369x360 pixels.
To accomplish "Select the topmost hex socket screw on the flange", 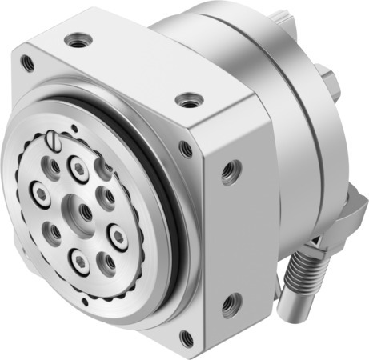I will point(78,167).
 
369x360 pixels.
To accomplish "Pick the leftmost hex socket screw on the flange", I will point(38,193).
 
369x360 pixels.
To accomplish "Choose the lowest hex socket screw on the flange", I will point(79,260).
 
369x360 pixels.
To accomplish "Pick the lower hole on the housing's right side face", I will point(232,302).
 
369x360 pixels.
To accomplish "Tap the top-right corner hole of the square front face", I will point(186,149).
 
